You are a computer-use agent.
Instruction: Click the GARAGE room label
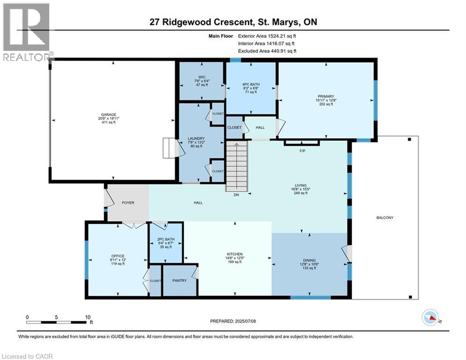(x=109, y=114)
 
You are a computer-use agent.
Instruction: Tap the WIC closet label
(x=202, y=77)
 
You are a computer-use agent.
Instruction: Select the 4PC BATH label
(x=251, y=84)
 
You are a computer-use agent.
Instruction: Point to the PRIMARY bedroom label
(x=326, y=97)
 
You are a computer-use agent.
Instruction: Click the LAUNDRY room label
(x=196, y=138)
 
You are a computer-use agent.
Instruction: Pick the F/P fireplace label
(x=302, y=151)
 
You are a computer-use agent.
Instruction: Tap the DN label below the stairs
(x=236, y=195)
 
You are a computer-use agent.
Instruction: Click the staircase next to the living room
(x=237, y=166)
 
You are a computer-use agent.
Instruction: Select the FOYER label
(x=128, y=202)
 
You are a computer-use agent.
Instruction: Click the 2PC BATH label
(x=166, y=239)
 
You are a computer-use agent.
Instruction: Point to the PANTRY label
(x=179, y=280)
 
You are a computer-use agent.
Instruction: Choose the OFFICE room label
(x=118, y=256)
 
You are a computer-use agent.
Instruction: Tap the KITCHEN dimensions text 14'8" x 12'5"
(x=235, y=258)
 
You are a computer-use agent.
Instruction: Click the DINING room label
(x=310, y=260)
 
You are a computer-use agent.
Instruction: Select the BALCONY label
(x=385, y=217)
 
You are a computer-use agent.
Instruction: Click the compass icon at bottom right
(x=430, y=317)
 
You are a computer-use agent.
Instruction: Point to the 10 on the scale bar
(x=88, y=317)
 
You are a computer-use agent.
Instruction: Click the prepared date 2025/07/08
(x=245, y=321)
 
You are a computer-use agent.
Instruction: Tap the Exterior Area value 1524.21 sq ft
(x=282, y=36)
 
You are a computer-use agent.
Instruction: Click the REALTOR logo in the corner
(x=26, y=32)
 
